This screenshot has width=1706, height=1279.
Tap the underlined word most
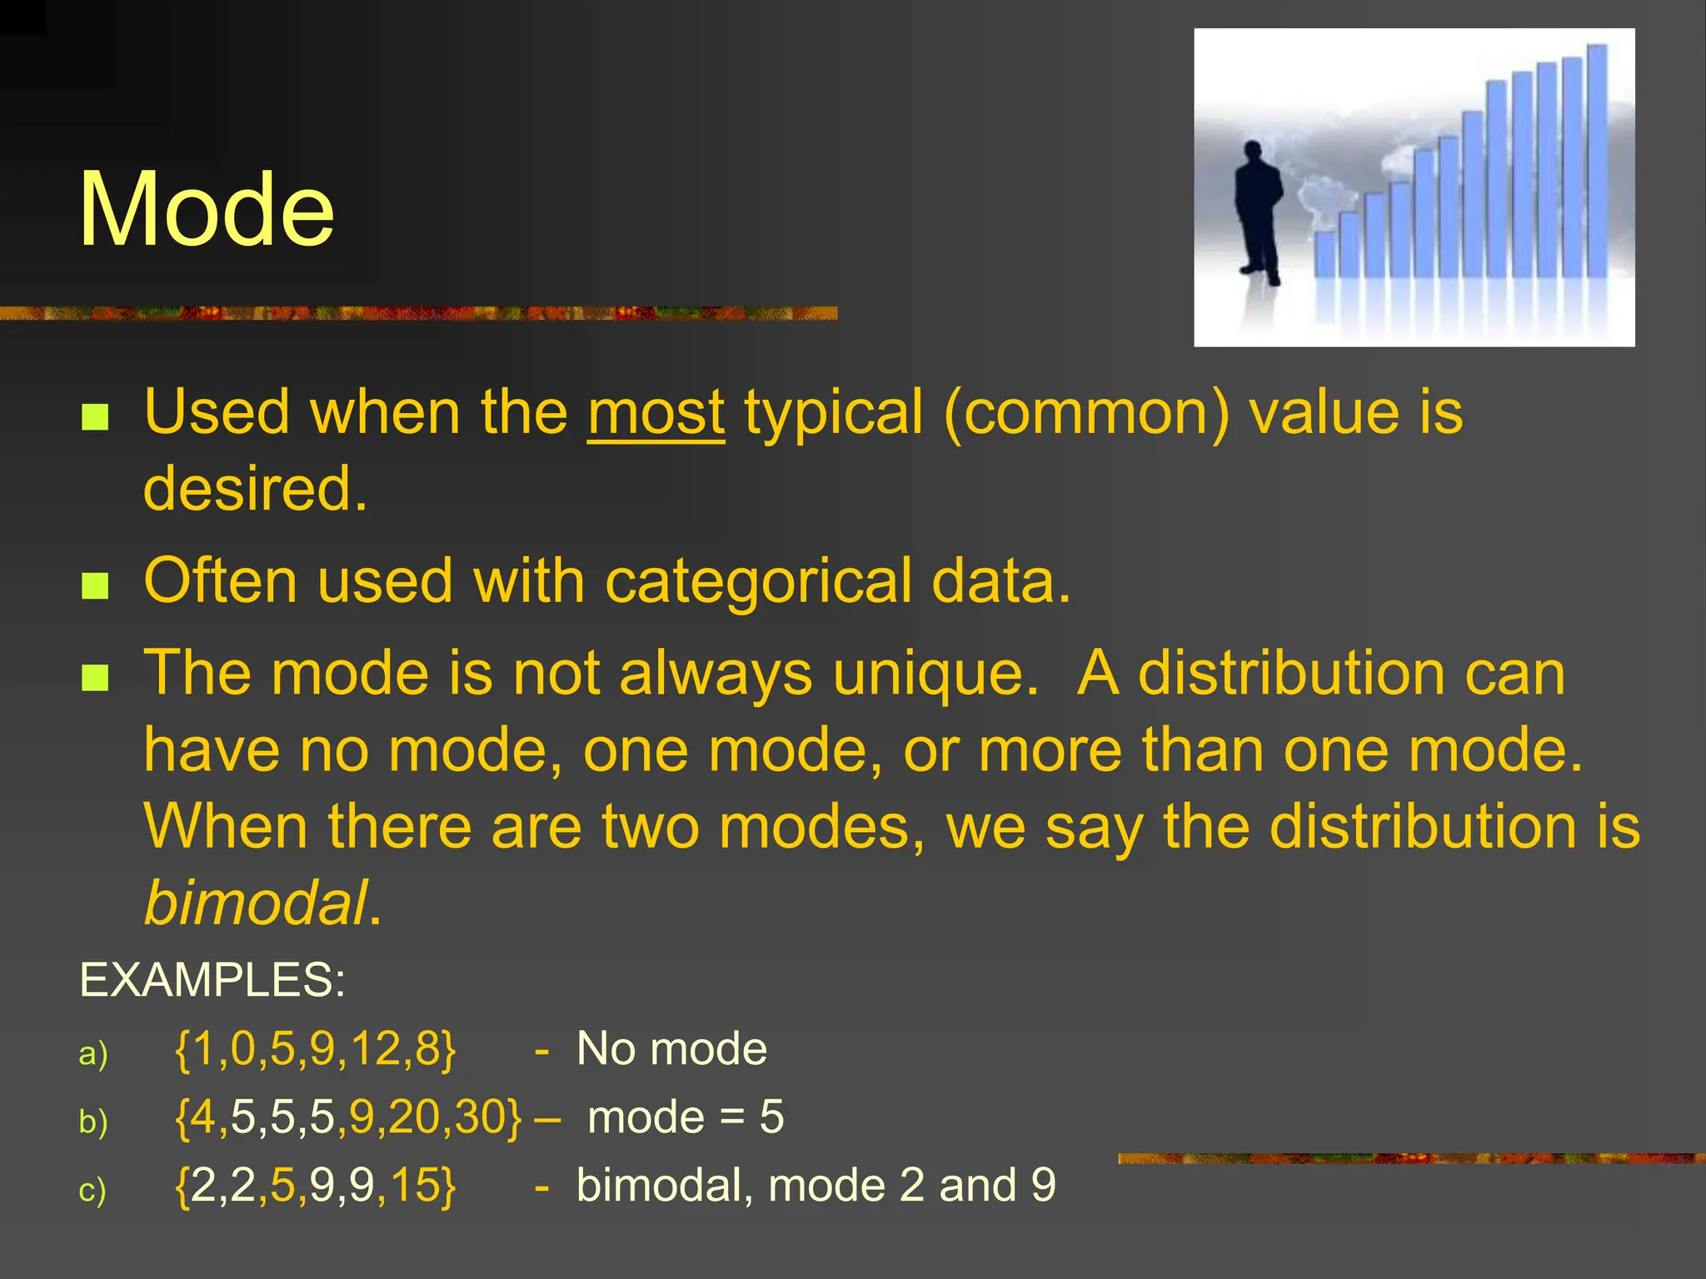(656, 413)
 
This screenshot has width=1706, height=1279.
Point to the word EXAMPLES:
(212, 979)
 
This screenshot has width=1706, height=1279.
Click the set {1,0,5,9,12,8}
(316, 1048)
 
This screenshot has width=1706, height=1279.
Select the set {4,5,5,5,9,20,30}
(348, 1117)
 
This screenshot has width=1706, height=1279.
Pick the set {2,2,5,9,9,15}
(316, 1185)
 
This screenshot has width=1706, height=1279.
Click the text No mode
(671, 1048)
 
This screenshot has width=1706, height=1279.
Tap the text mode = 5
(685, 1117)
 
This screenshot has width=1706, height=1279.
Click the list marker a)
(93, 1053)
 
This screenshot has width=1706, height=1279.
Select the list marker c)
(92, 1190)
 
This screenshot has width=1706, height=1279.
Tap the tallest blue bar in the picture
(1596, 162)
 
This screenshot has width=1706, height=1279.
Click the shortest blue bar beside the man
(1324, 254)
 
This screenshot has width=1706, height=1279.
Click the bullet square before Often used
(96, 585)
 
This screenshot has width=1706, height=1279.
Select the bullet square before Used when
(96, 416)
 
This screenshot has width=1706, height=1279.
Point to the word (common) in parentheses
(1085, 413)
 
